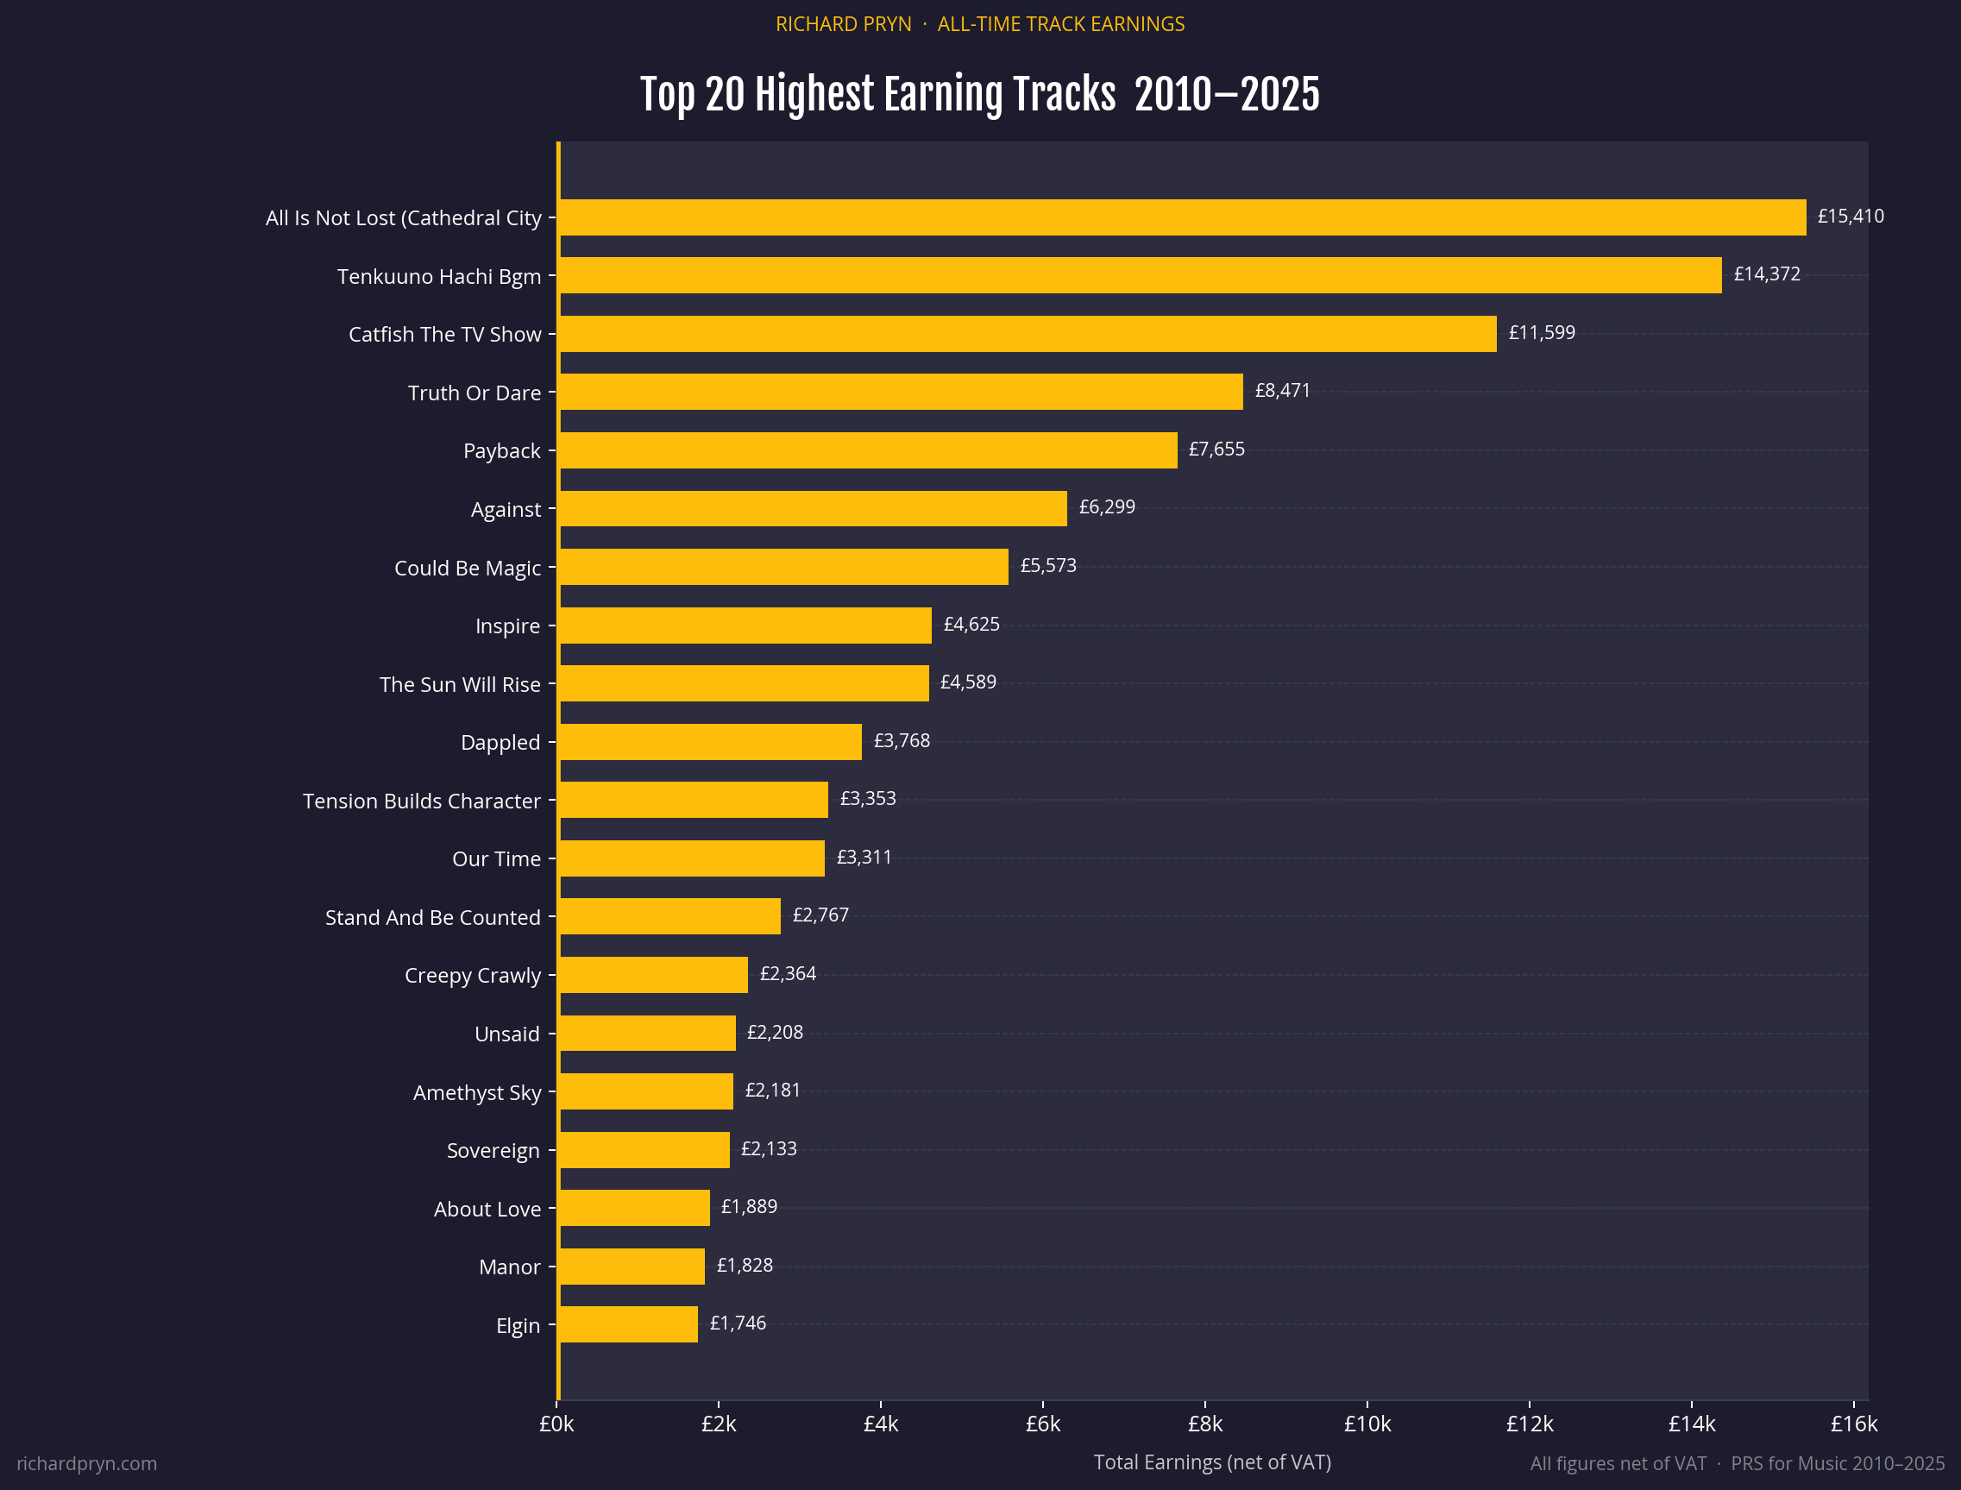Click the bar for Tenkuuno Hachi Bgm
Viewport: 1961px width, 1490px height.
click(x=1140, y=275)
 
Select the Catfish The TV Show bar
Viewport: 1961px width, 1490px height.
click(x=1027, y=334)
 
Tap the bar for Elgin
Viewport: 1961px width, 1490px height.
click(x=628, y=1324)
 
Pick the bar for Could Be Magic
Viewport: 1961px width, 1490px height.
click(x=783, y=567)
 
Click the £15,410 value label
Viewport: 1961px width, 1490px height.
click(x=1850, y=217)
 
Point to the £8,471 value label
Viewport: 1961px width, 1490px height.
click(x=1282, y=390)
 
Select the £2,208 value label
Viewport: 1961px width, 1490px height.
click(x=774, y=1033)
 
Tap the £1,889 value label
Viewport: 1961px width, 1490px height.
click(x=749, y=1206)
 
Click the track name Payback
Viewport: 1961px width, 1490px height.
click(x=501, y=450)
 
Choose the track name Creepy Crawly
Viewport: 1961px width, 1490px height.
click(x=472, y=976)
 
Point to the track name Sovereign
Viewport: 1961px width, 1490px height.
click(x=493, y=1150)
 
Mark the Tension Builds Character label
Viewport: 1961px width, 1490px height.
click(x=421, y=801)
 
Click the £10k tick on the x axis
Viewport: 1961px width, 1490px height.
click(x=1367, y=1424)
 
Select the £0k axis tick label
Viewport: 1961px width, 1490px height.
click(x=556, y=1424)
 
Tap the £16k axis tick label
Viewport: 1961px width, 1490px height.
click(x=1854, y=1424)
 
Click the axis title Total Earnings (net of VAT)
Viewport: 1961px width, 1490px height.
click(x=1211, y=1462)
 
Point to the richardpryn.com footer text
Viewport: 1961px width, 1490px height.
click(x=87, y=1463)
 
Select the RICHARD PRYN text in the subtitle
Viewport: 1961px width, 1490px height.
click(x=843, y=24)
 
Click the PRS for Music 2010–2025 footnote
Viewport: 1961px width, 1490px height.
click(x=1837, y=1463)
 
